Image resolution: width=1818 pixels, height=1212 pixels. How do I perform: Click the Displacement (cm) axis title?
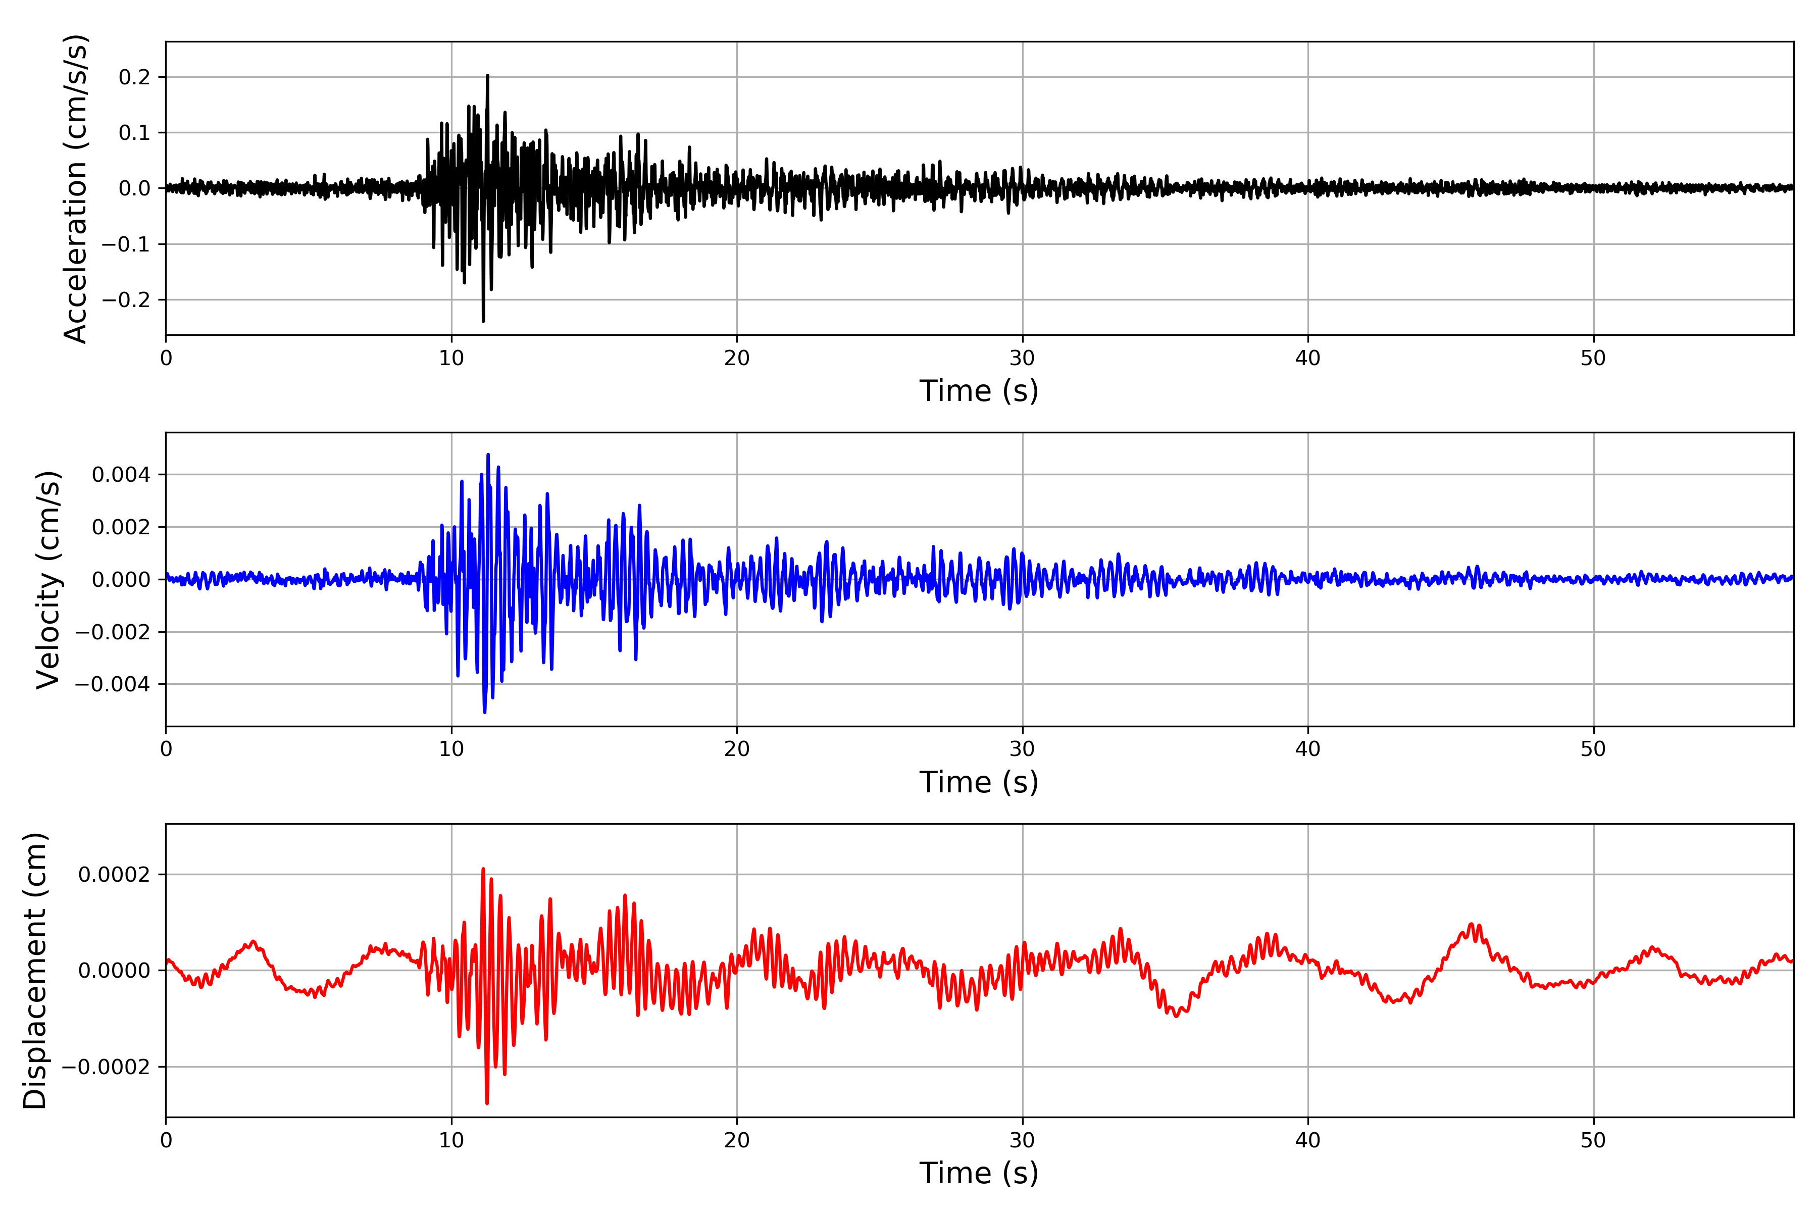point(35,970)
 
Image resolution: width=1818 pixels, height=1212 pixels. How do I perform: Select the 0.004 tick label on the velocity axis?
point(121,475)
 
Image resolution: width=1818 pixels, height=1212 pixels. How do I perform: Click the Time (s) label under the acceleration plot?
point(979,391)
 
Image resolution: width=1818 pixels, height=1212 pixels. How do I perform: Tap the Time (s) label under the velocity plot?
point(979,782)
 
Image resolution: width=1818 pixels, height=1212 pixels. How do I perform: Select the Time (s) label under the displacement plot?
point(979,1173)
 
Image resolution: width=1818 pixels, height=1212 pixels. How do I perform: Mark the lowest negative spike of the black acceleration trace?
point(483,321)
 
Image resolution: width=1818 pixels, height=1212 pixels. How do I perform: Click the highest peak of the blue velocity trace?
point(488,454)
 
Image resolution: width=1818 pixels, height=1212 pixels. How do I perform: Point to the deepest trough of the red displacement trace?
point(487,1103)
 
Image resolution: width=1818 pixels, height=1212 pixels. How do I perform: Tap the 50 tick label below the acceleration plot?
point(1593,359)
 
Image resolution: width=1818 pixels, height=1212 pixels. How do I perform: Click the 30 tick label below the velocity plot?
point(1022,749)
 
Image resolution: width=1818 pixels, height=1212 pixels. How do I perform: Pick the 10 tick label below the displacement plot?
point(451,1140)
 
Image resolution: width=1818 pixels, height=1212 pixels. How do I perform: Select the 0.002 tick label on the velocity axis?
point(121,527)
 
